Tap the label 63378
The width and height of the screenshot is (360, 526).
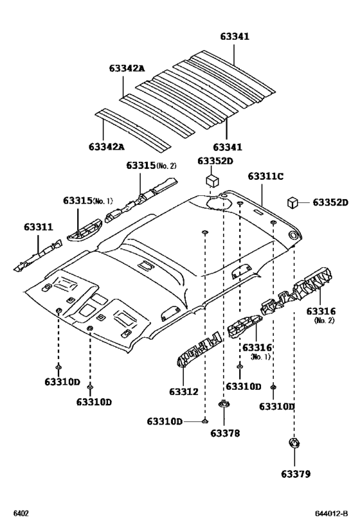click(224, 434)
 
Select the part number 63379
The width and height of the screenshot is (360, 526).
click(295, 474)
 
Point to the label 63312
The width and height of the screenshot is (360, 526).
click(184, 391)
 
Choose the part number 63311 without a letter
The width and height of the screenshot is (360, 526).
click(39, 226)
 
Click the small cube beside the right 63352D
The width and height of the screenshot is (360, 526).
click(292, 202)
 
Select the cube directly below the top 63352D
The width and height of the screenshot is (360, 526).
click(210, 180)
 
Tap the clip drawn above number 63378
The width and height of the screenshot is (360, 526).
click(223, 405)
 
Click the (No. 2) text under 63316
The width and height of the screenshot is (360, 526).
click(323, 320)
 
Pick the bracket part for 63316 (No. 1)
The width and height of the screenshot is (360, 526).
click(243, 328)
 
